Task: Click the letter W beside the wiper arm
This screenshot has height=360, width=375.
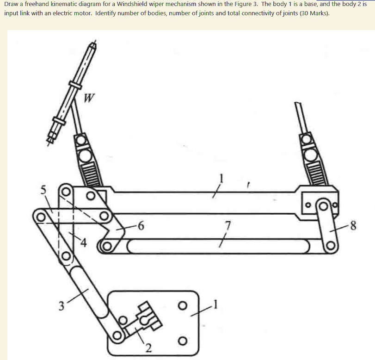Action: pos(90,98)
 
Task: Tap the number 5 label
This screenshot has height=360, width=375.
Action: pos(43,189)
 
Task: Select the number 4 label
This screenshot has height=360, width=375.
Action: pos(83,243)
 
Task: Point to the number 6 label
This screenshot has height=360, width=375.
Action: pos(141,226)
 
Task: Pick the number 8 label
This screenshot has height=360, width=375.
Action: pos(354,226)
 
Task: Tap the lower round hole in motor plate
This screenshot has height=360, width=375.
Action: pos(183,341)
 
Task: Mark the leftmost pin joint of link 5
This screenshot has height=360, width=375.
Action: pos(40,216)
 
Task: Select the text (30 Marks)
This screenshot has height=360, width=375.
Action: pos(315,13)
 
